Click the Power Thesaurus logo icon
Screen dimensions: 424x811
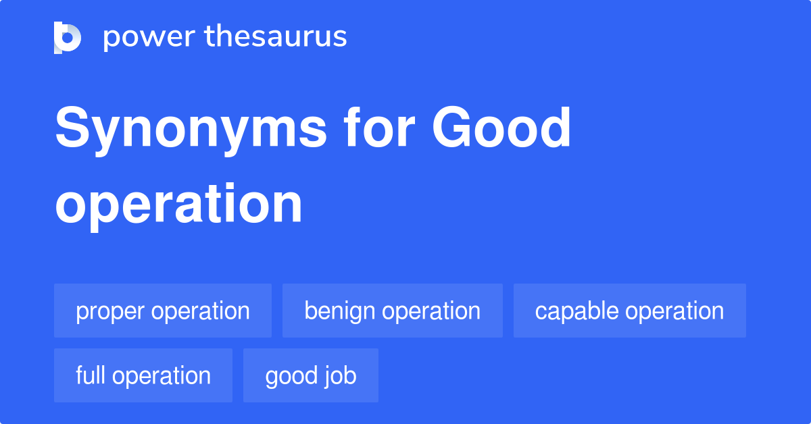click(x=68, y=37)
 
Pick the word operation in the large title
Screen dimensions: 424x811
click(x=178, y=204)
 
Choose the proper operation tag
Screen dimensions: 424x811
click(x=163, y=311)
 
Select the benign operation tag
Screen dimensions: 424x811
click(x=393, y=311)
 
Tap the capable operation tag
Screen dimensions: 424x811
click(x=629, y=311)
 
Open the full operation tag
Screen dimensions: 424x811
click(x=143, y=376)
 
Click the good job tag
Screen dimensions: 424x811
click(x=311, y=376)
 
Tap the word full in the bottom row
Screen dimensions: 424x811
click(x=91, y=376)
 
